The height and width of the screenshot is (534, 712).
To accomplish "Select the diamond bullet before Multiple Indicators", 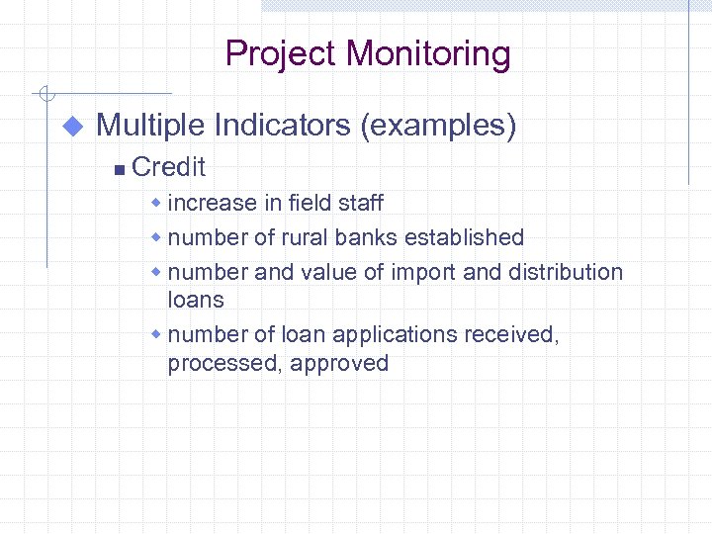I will pyautogui.click(x=71, y=127).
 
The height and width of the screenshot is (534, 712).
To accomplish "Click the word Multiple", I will pyautogui.click(x=150, y=126).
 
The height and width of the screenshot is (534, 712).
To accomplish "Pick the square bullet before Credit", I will pyautogui.click(x=119, y=170).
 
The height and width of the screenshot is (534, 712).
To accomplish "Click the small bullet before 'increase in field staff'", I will pyautogui.click(x=155, y=203).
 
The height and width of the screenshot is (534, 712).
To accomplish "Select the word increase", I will pyautogui.click(x=213, y=204).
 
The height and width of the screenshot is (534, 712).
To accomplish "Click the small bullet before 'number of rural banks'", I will pyautogui.click(x=155, y=237).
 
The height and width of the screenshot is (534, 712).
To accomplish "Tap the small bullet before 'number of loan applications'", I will pyautogui.click(x=155, y=334).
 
